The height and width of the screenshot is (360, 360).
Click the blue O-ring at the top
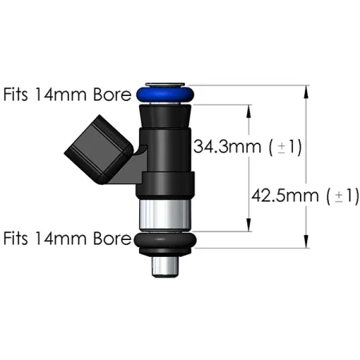[x=166, y=94]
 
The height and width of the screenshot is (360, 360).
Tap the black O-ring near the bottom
[x=166, y=243]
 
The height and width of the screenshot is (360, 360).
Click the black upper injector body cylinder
[x=166, y=144]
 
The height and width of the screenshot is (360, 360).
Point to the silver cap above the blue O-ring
[x=166, y=83]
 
